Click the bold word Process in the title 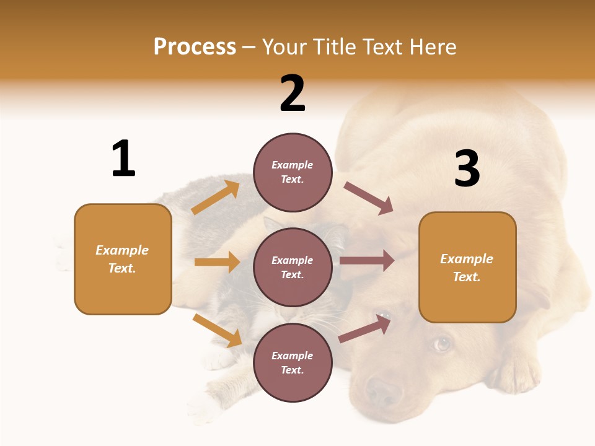[195, 47]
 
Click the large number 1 [123, 159]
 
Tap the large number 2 [293, 94]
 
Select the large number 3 [467, 169]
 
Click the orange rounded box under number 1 [123, 259]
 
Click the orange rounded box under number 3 [467, 268]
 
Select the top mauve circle [293, 172]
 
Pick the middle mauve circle [293, 268]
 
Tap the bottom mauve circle [293, 363]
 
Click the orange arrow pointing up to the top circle [216, 198]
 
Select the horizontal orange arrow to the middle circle [217, 262]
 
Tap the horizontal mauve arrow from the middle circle [367, 261]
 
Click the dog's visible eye [441, 343]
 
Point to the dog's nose [383, 391]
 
